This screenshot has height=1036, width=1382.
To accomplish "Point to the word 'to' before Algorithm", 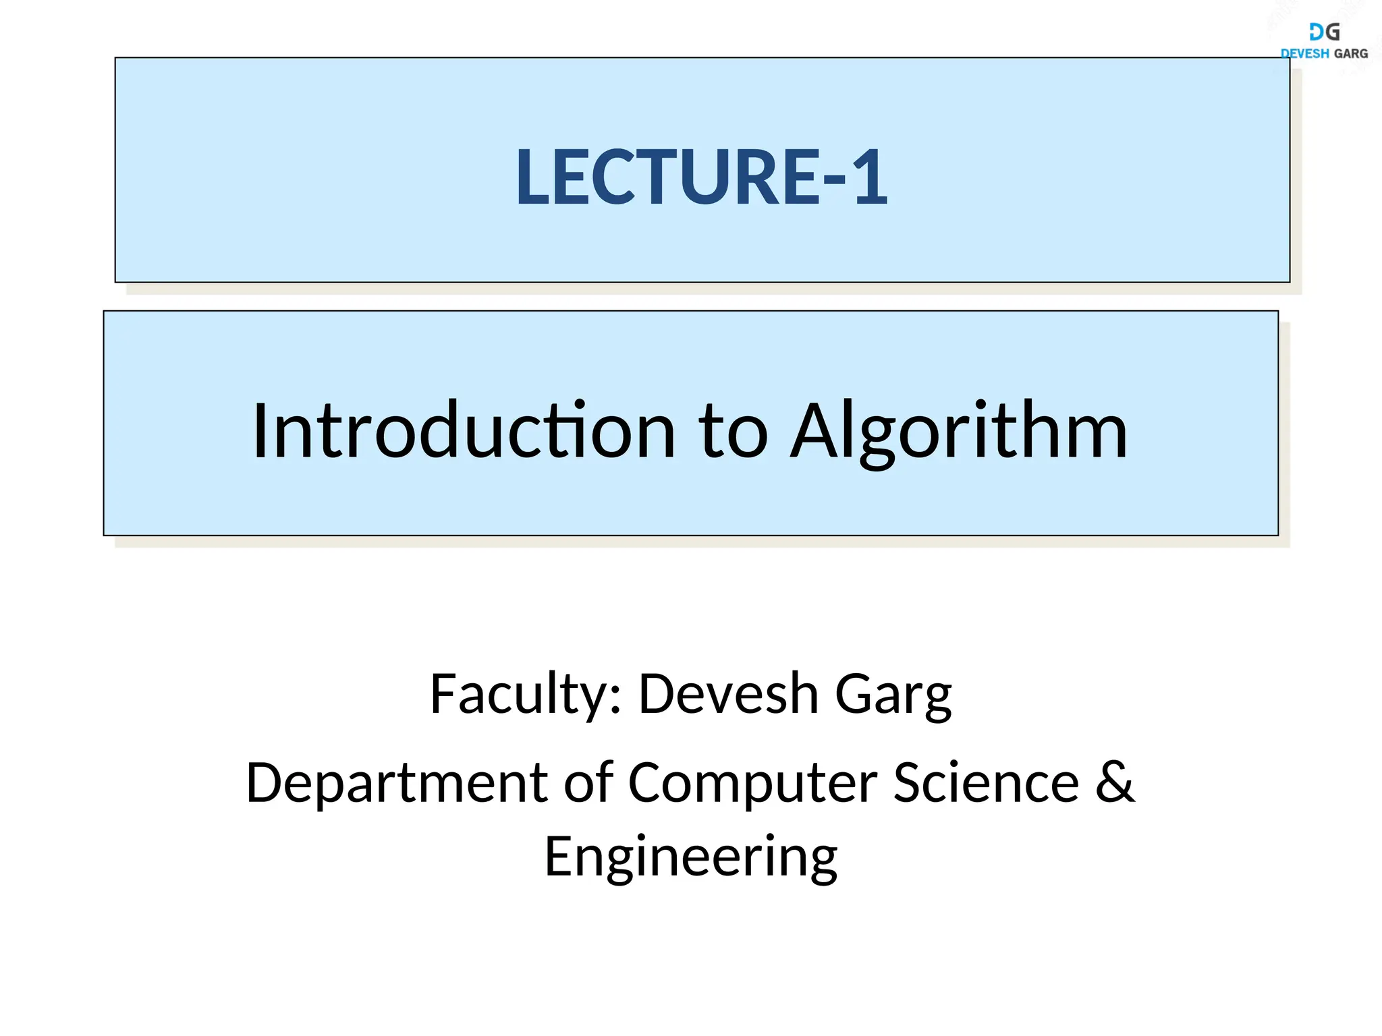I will pyautogui.click(x=732, y=432).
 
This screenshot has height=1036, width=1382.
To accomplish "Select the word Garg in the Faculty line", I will pyautogui.click(x=893, y=695).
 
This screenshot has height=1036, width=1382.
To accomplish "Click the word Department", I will pyautogui.click(x=397, y=782).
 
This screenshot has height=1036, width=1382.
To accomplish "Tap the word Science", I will pyautogui.click(x=986, y=782).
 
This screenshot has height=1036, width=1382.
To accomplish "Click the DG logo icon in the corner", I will pyautogui.click(x=1324, y=32).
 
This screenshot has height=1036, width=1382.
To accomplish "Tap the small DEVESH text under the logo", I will pyautogui.click(x=1304, y=53).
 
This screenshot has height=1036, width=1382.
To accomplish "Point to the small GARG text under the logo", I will pyautogui.click(x=1351, y=53).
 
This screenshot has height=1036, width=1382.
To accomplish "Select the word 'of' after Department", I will pyautogui.click(x=588, y=782).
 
